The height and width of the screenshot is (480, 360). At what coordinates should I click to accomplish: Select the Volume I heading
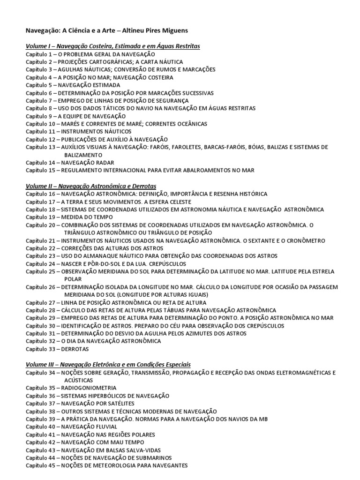112,46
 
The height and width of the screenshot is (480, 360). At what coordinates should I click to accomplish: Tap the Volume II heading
90,186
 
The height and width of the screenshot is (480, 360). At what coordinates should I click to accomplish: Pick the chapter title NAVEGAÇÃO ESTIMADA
89,85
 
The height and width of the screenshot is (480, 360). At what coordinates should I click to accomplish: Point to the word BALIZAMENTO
83,155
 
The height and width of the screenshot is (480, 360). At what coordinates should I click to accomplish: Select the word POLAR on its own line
70,279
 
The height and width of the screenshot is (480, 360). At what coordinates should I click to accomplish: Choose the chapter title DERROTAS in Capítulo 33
74,349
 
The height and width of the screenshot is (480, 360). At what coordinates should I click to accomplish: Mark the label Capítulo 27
41,302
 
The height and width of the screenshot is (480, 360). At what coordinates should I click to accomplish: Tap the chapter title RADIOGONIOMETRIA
87,388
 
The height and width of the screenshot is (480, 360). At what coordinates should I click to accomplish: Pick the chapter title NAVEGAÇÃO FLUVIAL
87,427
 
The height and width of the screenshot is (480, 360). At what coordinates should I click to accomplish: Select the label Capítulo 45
41,465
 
